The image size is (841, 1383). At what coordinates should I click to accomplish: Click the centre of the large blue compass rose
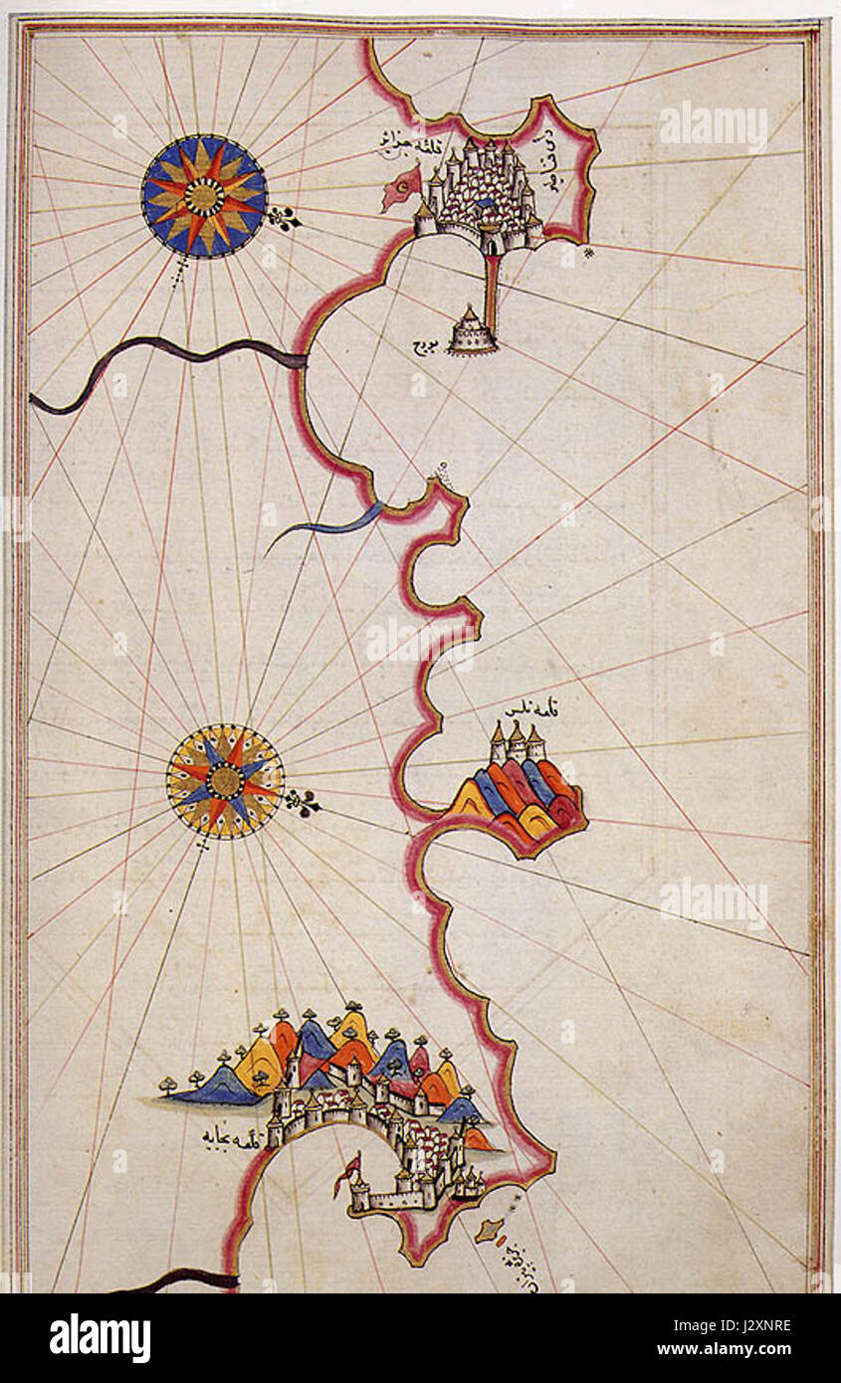tap(204, 196)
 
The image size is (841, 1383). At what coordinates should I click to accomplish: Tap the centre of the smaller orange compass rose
tap(225, 781)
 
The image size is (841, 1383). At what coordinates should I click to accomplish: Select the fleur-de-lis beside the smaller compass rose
tap(304, 802)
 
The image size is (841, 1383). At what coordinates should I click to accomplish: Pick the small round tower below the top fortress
tap(472, 331)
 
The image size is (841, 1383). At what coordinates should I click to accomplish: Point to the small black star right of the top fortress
tap(589, 252)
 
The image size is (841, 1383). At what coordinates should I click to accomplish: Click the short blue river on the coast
tap(333, 525)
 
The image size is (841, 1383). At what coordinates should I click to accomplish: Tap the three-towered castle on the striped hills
tap(517, 745)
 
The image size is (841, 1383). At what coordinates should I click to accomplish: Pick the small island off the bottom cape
tap(487, 1231)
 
